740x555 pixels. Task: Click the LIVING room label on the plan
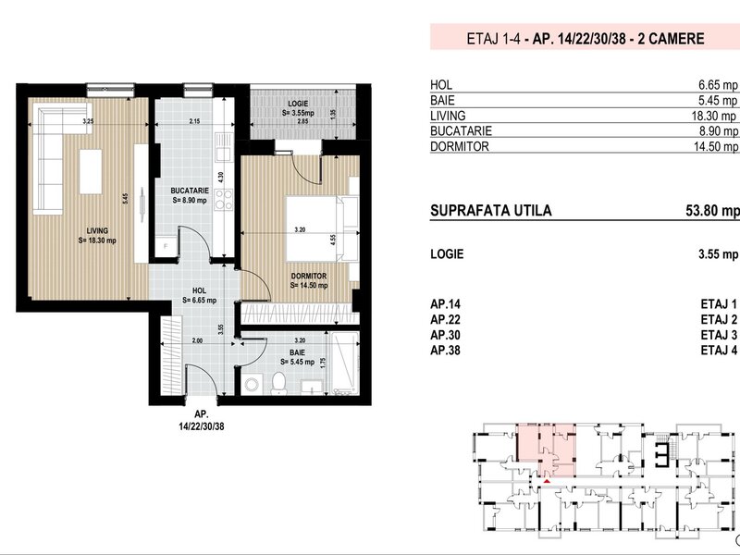click(97, 230)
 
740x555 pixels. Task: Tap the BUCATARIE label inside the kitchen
click(190, 191)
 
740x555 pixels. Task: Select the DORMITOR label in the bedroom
click(309, 276)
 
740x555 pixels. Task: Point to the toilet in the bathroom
click(279, 383)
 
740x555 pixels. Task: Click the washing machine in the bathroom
click(252, 384)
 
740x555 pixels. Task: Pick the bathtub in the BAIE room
click(344, 363)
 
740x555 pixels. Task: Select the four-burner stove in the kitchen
click(223, 200)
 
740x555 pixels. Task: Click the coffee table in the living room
click(91, 171)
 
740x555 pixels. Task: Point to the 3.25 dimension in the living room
click(88, 121)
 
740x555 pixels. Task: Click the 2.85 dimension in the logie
click(302, 121)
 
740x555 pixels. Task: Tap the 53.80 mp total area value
click(712, 211)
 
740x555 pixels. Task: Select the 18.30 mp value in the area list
click(713, 116)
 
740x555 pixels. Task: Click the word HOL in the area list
click(441, 85)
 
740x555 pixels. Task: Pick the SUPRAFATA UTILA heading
click(491, 211)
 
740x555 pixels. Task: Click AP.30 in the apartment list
click(445, 335)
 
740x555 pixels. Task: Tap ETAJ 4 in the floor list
click(719, 351)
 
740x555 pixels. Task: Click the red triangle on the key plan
click(547, 481)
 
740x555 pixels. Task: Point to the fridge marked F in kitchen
click(166, 246)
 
